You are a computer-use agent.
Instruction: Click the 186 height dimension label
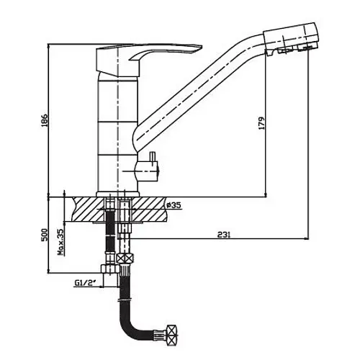[45, 120]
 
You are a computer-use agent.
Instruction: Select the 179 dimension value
[261, 123]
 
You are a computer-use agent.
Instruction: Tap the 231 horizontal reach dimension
[224, 235]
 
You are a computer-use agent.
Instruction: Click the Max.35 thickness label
[60, 242]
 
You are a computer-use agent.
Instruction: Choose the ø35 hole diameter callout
[174, 205]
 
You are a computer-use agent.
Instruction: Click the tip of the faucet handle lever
[202, 45]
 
